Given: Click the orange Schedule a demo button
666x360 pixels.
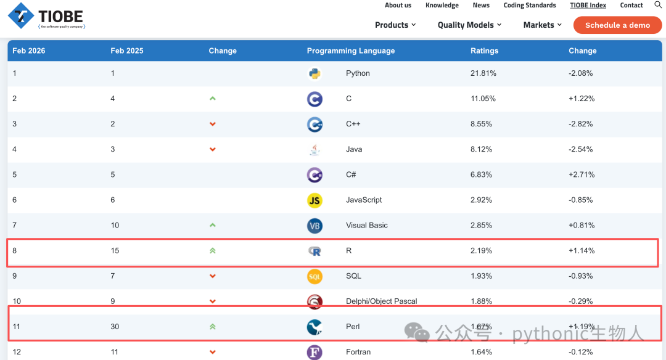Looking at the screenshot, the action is (617, 25).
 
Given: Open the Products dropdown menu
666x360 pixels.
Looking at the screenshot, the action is (395, 25).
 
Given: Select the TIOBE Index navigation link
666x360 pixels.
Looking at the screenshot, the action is (588, 5).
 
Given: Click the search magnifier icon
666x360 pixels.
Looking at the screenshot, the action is (657, 5).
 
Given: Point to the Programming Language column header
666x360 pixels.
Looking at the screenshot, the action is (351, 51).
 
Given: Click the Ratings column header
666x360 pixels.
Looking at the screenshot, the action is (484, 51).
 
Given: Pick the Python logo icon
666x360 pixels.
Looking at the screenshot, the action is (314, 73).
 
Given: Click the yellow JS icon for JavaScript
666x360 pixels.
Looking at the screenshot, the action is (314, 200).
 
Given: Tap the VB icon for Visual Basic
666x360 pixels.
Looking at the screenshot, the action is (314, 226).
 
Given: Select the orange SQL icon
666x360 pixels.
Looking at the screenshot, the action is (314, 276).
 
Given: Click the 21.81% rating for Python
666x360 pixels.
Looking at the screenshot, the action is (483, 73).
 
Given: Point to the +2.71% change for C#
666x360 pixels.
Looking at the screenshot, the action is (582, 174).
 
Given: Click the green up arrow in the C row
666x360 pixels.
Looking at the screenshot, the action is (213, 99).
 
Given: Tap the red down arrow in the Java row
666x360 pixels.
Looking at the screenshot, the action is (213, 149).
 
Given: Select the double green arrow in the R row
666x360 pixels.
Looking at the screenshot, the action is (213, 250).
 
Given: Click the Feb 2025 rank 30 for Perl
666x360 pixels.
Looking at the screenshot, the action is (115, 327).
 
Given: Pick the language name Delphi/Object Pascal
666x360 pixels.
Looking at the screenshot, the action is (382, 301).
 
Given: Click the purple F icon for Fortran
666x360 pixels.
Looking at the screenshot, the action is (314, 353).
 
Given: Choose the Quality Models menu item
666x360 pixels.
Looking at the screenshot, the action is (469, 25).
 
